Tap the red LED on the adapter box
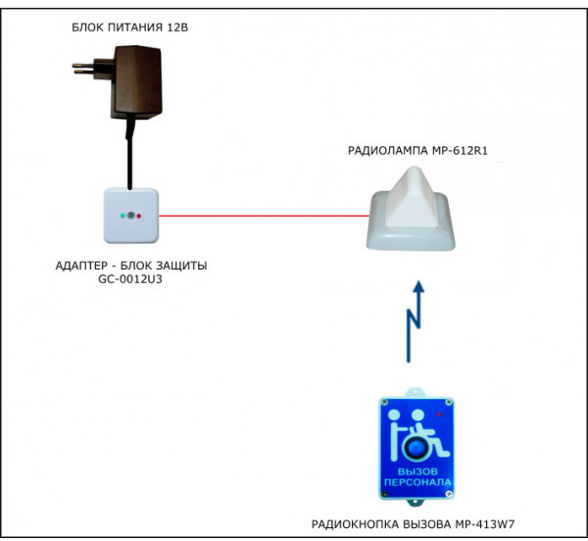click(139, 214)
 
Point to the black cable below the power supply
click(127, 157)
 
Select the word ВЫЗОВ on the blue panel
click(415, 471)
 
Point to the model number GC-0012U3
click(130, 278)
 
